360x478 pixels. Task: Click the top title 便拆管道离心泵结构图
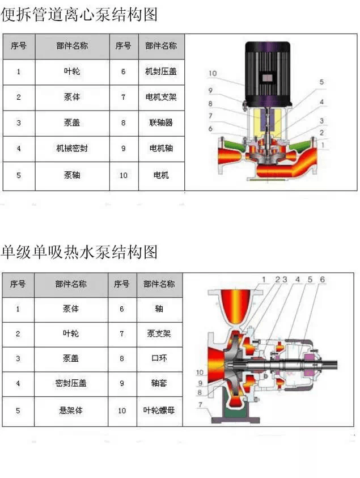tap(79, 14)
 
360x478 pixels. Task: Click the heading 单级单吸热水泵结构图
tap(79, 252)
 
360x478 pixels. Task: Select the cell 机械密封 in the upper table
tap(72, 149)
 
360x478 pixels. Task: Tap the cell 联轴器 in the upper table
tap(161, 122)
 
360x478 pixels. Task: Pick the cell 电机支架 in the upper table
tap(161, 98)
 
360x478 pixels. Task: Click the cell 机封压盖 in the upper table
tap(161, 71)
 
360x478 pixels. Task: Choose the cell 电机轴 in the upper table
tap(161, 149)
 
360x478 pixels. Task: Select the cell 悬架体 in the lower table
tap(71, 411)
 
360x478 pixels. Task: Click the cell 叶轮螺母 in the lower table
tap(159, 411)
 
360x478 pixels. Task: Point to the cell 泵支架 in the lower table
tap(159, 333)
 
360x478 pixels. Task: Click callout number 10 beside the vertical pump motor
tap(213, 74)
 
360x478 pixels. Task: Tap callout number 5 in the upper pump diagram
tap(321, 82)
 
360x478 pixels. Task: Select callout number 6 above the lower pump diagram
tap(322, 279)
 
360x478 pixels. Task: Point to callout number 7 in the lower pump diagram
tap(200, 404)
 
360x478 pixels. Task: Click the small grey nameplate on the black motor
tap(268, 78)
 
